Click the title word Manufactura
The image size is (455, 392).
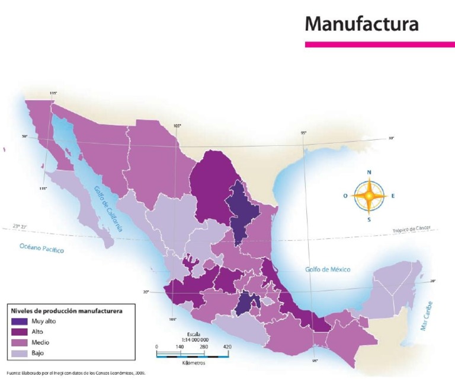click(361, 24)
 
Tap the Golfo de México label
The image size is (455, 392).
click(328, 269)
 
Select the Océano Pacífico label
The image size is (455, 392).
click(41, 248)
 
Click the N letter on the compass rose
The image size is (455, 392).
click(369, 173)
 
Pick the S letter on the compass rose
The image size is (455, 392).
click(369, 219)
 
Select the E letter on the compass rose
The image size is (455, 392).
click(393, 195)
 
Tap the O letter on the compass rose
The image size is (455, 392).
click(345, 195)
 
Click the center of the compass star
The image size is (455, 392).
click(369, 195)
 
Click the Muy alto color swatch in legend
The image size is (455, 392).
click(18, 321)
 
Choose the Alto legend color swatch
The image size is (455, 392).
click(18, 332)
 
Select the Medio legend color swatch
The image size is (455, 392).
click(18, 343)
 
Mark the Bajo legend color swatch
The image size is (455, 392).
click(18, 353)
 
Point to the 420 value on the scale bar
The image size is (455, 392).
click(227, 346)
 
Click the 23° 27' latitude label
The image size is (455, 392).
click(20, 227)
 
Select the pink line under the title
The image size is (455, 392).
click(379, 44)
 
